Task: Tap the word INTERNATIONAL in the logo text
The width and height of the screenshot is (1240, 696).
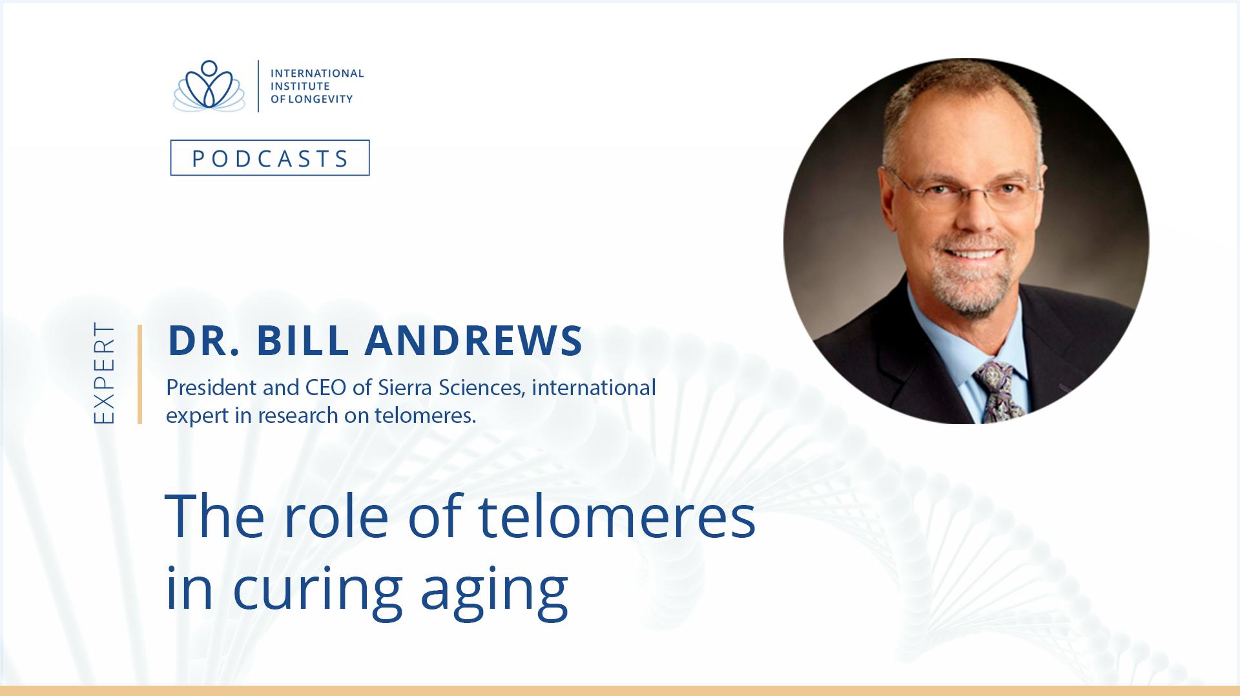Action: coord(317,74)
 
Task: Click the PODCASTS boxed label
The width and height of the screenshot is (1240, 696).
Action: coord(270,158)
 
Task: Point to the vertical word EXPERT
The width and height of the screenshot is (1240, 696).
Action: coord(104,373)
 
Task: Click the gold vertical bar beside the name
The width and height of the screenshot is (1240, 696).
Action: coord(139,374)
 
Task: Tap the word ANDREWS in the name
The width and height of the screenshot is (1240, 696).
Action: coord(474,340)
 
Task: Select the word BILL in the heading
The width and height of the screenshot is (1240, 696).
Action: coord(303,340)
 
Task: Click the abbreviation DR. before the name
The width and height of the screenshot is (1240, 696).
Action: coord(204,340)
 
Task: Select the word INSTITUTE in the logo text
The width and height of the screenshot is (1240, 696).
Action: coord(300,87)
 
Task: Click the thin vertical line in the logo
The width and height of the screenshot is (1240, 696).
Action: coord(258,87)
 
